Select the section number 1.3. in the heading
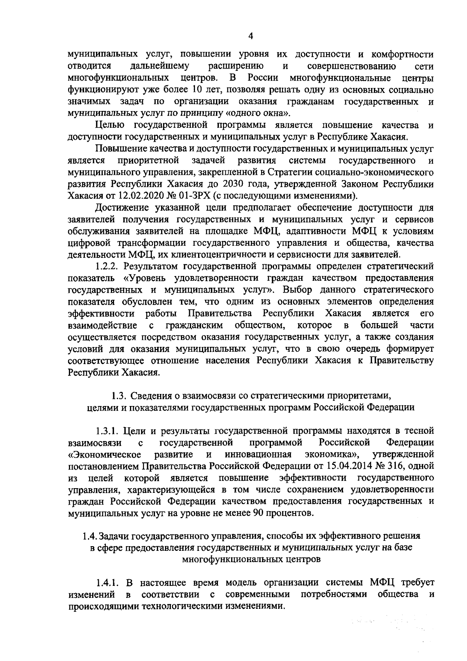(118, 396)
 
